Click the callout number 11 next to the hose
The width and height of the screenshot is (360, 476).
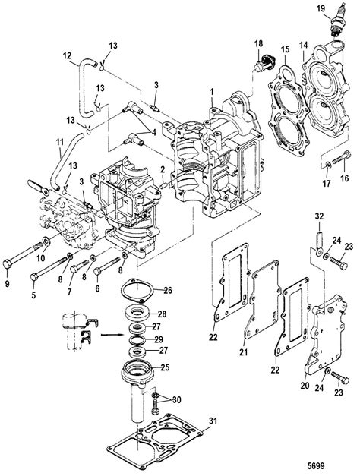(x=38, y=141)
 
